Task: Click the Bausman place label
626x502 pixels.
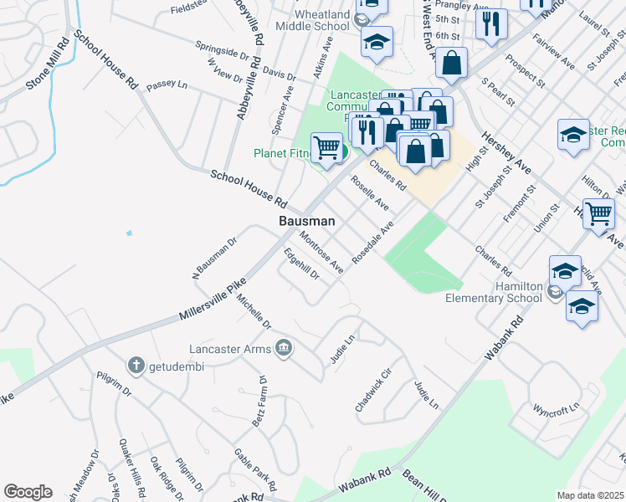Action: [x=306, y=222]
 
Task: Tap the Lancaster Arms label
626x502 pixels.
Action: [x=237, y=348]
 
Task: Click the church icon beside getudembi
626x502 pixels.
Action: [x=136, y=365]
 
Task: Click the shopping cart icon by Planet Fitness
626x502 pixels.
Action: [x=327, y=148]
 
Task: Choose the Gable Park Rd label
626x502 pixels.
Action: [x=255, y=469]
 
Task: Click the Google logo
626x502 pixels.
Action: [x=28, y=492]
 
